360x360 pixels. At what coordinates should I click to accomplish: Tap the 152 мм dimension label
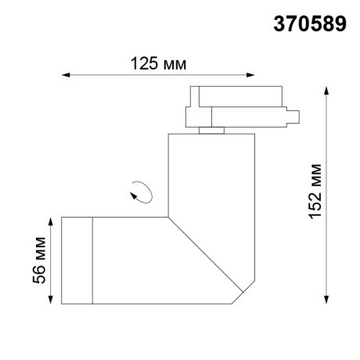point(315,193)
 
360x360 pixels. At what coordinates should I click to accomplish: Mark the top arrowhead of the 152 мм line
point(326,87)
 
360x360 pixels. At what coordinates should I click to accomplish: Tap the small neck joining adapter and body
point(209,130)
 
